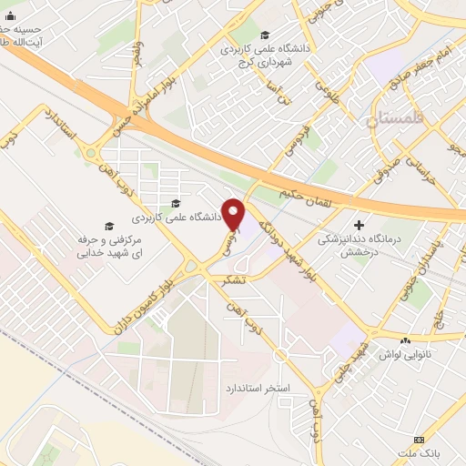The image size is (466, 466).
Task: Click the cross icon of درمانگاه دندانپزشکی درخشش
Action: (x=360, y=224)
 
